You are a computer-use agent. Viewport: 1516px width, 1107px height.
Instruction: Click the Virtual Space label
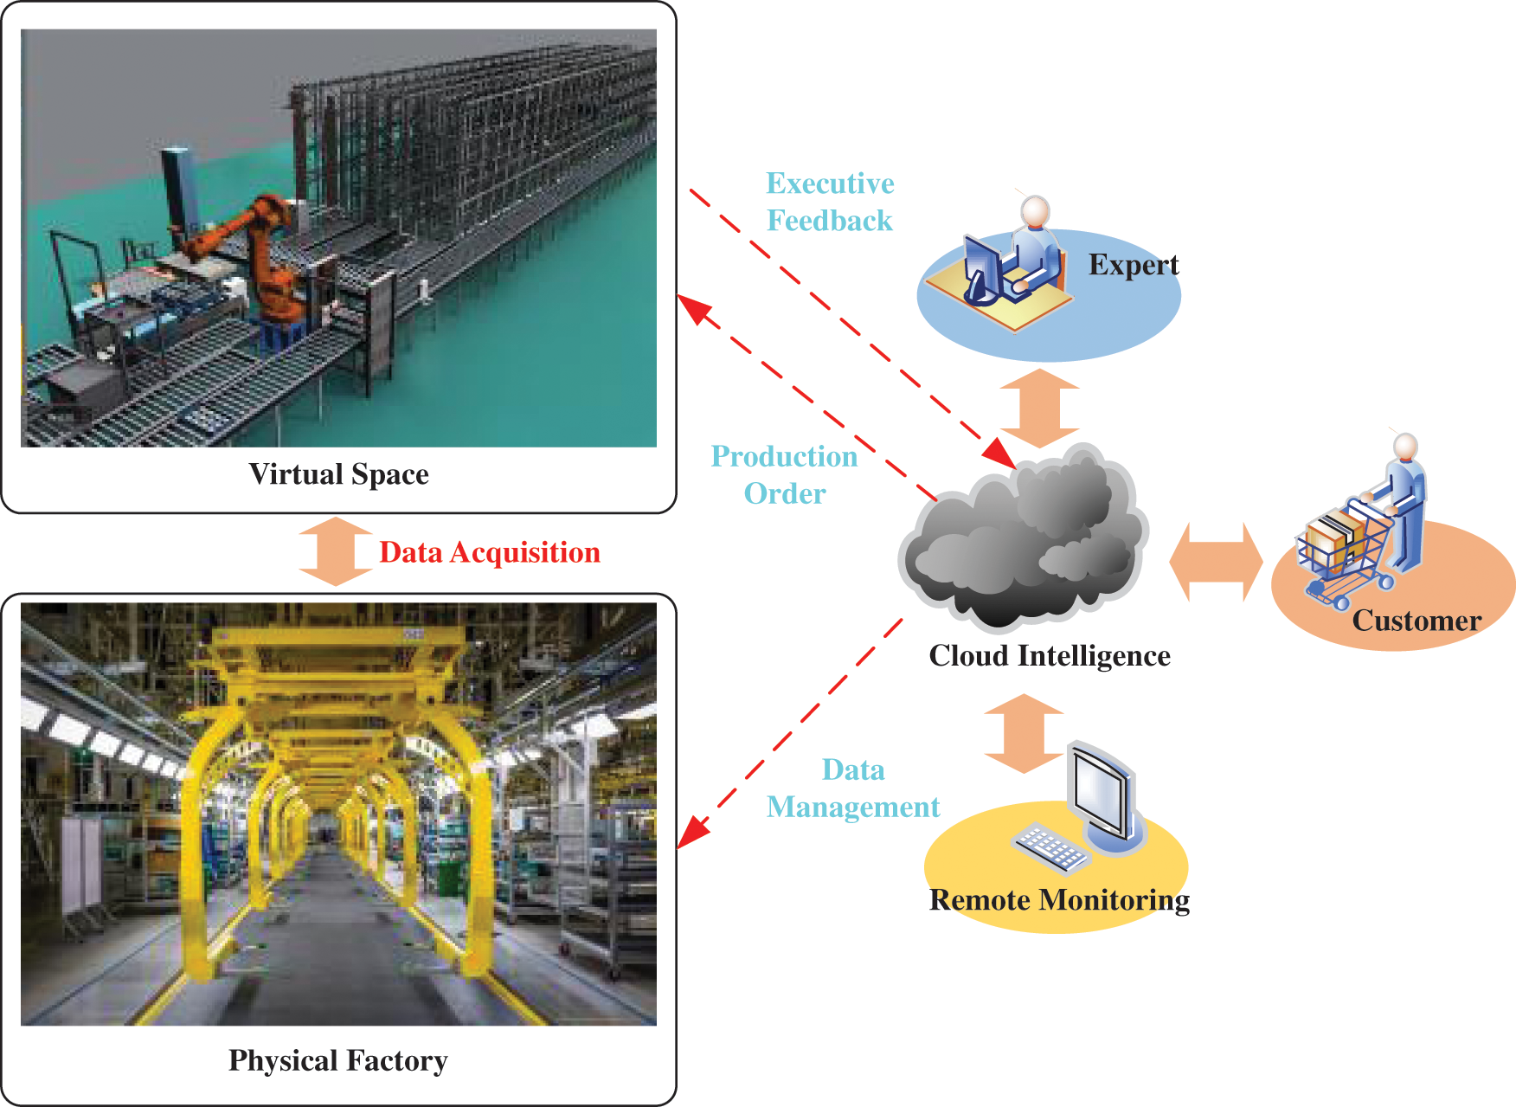338,474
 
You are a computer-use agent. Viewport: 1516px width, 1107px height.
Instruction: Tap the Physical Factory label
337,1060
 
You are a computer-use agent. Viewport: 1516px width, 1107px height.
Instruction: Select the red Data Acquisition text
490,552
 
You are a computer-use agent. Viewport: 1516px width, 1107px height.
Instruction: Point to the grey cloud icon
1025,541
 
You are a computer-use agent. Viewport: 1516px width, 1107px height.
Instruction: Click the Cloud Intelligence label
1049,656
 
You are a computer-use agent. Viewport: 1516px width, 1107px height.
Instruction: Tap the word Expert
1133,265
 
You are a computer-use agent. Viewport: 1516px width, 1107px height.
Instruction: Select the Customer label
1416,621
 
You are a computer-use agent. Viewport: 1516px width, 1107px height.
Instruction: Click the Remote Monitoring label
1059,900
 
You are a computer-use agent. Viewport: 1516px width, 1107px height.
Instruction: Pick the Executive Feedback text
830,202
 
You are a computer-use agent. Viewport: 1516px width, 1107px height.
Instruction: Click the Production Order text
784,474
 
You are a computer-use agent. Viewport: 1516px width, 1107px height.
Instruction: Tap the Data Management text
852,788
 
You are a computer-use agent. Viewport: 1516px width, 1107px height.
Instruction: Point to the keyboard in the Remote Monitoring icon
1050,846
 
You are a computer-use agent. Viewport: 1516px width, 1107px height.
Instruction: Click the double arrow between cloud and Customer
1216,562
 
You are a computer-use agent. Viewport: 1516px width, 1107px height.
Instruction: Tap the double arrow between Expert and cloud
1039,408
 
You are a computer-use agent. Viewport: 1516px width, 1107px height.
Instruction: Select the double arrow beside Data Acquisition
335,551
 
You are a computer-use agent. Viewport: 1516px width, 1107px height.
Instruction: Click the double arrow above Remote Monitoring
1024,733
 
